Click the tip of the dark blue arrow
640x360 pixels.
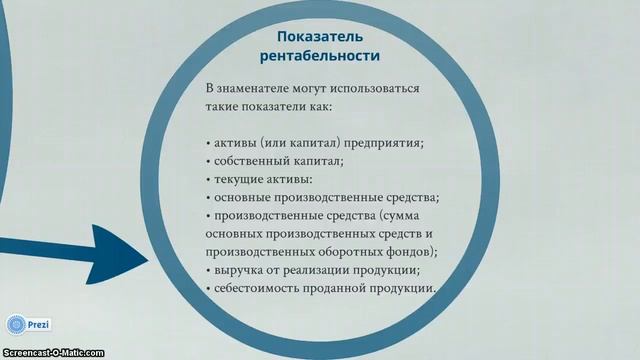[148, 258]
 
